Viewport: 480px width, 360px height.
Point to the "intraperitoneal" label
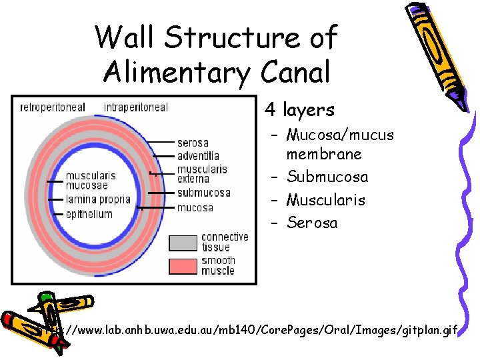coord(136,107)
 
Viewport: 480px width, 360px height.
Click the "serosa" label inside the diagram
coord(193,143)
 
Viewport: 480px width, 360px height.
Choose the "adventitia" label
coord(198,155)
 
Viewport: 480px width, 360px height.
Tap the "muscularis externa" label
coord(202,173)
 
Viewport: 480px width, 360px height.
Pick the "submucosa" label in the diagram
coord(203,193)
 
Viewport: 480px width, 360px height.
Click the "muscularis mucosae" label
coord(90,181)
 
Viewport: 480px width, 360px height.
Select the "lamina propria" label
coord(98,199)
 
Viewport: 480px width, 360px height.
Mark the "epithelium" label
coord(89,214)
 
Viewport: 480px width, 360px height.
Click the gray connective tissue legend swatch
coord(183,241)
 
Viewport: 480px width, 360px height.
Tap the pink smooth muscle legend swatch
coord(183,265)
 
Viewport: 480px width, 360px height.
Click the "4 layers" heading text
coord(299,109)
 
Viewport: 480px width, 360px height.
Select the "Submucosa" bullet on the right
coord(327,177)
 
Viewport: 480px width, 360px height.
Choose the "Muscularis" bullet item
coord(326,200)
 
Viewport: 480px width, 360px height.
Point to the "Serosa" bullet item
coord(312,223)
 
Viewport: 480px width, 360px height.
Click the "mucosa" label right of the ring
coord(195,208)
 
